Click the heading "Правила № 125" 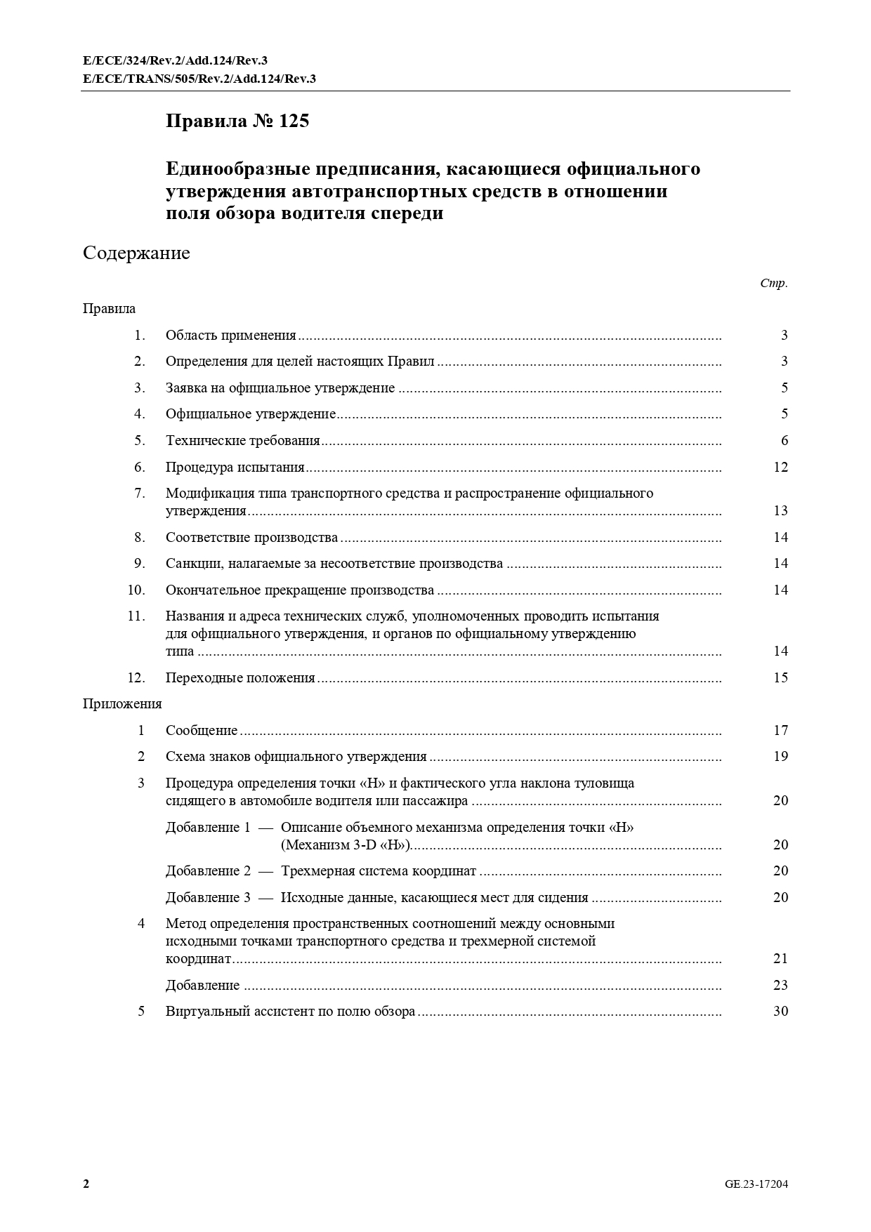(x=237, y=121)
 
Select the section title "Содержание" (x=136, y=253)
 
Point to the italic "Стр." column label (x=773, y=284)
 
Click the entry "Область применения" (x=230, y=336)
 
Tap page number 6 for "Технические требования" (x=785, y=441)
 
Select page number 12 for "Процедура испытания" (x=780, y=468)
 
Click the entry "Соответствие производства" (x=251, y=538)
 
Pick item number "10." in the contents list (x=136, y=590)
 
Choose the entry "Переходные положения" (x=240, y=678)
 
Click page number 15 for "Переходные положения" (x=780, y=678)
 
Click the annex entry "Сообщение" (x=202, y=731)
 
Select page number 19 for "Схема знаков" (x=780, y=757)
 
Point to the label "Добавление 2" (x=208, y=871)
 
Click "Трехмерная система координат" (x=379, y=871)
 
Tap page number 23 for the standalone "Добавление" (x=780, y=986)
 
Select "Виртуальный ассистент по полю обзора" (x=290, y=1012)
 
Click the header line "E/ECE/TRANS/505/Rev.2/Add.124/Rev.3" (x=199, y=79)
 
